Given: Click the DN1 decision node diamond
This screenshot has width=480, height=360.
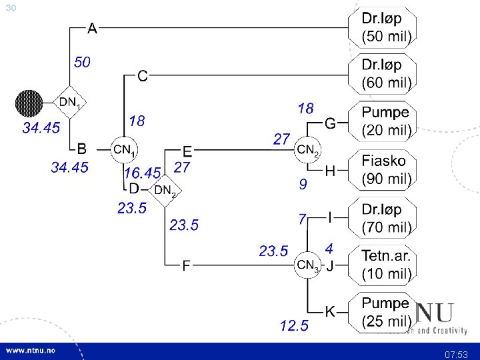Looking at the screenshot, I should click(x=70, y=103).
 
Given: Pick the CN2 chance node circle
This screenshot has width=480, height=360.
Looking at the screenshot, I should click(x=308, y=150).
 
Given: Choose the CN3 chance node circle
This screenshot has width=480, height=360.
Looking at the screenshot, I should click(x=307, y=266).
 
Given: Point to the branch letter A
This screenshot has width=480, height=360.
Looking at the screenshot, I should click(x=93, y=29).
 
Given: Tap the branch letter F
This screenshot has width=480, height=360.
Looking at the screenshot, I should click(x=187, y=266).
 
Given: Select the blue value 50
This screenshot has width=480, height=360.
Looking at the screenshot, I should click(x=82, y=63).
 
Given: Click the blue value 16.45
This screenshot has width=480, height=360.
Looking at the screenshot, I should click(x=142, y=173).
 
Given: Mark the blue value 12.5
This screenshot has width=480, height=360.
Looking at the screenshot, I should click(x=294, y=325).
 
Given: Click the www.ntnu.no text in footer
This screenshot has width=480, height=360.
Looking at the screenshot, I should click(x=31, y=351).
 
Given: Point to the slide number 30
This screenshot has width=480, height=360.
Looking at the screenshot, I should click(x=10, y=7).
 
